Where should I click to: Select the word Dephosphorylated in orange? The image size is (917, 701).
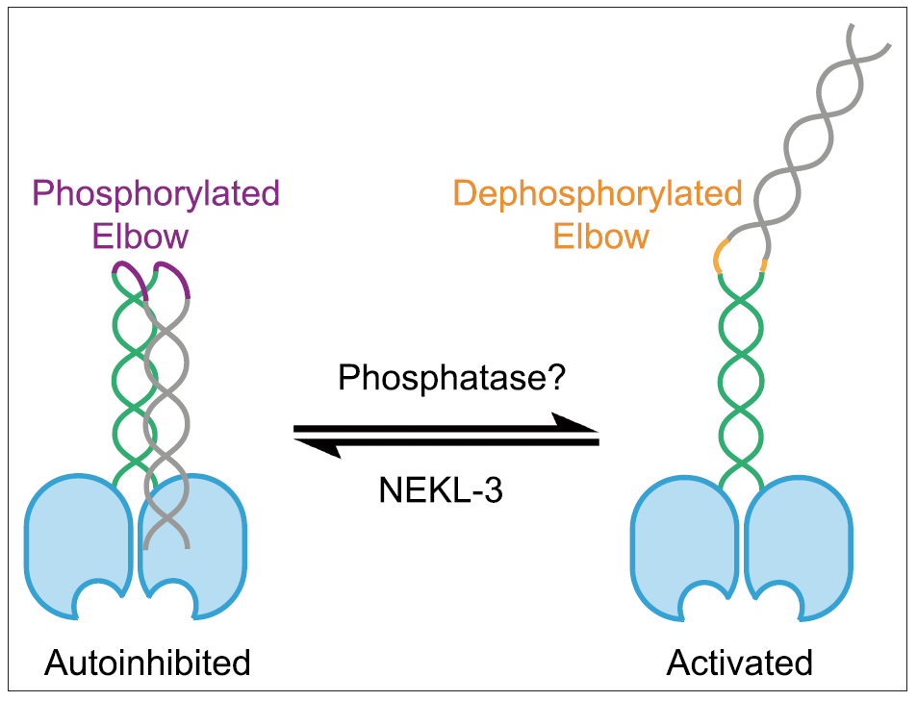pyautogui.click(x=598, y=194)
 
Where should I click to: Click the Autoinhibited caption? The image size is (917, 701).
pyautogui.click(x=146, y=663)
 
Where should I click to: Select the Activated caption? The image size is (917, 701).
pyautogui.click(x=740, y=663)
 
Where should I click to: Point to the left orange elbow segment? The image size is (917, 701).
pyautogui.click(x=717, y=257)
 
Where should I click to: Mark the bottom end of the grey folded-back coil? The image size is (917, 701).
pyautogui.click(x=188, y=547)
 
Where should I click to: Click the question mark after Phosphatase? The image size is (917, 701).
pyautogui.click(x=561, y=379)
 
